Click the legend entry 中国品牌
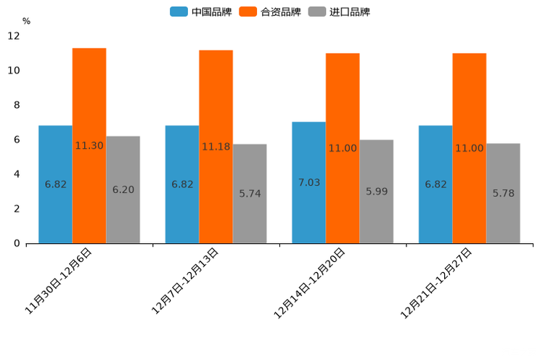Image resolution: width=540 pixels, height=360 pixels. (x=201, y=12)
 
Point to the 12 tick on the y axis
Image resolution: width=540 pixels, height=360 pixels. (x=14, y=36)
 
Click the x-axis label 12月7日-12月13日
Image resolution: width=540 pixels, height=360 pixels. (x=186, y=279)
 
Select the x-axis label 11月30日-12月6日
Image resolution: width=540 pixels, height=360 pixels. (x=60, y=279)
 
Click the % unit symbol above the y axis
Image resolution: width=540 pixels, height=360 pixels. (x=26, y=21)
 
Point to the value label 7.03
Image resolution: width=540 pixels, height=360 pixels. (x=309, y=182)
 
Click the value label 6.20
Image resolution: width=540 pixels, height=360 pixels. (x=123, y=189)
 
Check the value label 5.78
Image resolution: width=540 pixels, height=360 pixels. (x=504, y=193)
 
